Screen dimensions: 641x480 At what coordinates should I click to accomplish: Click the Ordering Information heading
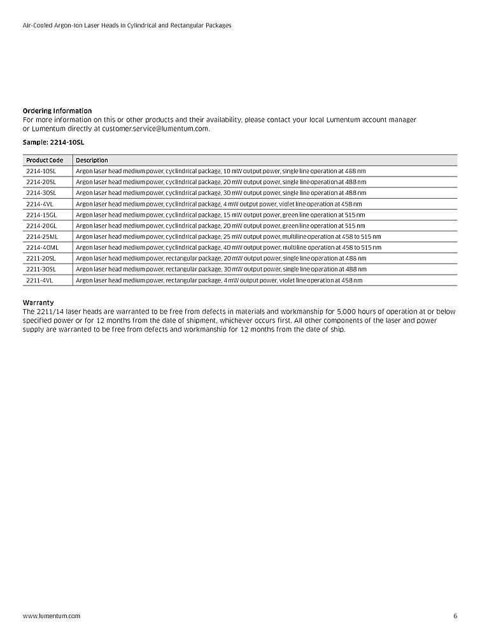[57, 111]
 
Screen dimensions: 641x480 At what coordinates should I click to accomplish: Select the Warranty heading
[38, 303]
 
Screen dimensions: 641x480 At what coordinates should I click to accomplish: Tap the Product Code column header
[45, 160]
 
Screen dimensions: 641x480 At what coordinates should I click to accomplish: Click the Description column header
[92, 160]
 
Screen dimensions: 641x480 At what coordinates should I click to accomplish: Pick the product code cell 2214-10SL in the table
[41, 171]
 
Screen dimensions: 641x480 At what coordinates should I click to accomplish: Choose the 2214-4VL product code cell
[39, 204]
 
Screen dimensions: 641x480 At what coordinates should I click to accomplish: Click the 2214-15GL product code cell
[41, 215]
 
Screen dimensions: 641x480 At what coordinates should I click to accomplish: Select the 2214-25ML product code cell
[41, 236]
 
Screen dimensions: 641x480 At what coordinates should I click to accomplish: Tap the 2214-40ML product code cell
[42, 247]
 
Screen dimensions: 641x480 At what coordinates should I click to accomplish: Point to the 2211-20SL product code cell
[41, 258]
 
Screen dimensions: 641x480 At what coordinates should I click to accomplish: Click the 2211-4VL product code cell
[39, 280]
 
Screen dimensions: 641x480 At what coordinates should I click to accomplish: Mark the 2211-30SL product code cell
[41, 269]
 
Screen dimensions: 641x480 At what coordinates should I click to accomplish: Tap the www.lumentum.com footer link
[52, 616]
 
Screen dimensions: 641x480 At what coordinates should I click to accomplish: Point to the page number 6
[455, 616]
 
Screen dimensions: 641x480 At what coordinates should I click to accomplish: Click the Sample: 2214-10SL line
[53, 143]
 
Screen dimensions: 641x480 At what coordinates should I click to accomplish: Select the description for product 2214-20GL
[220, 226]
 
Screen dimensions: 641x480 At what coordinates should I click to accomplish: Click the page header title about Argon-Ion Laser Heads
[127, 25]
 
